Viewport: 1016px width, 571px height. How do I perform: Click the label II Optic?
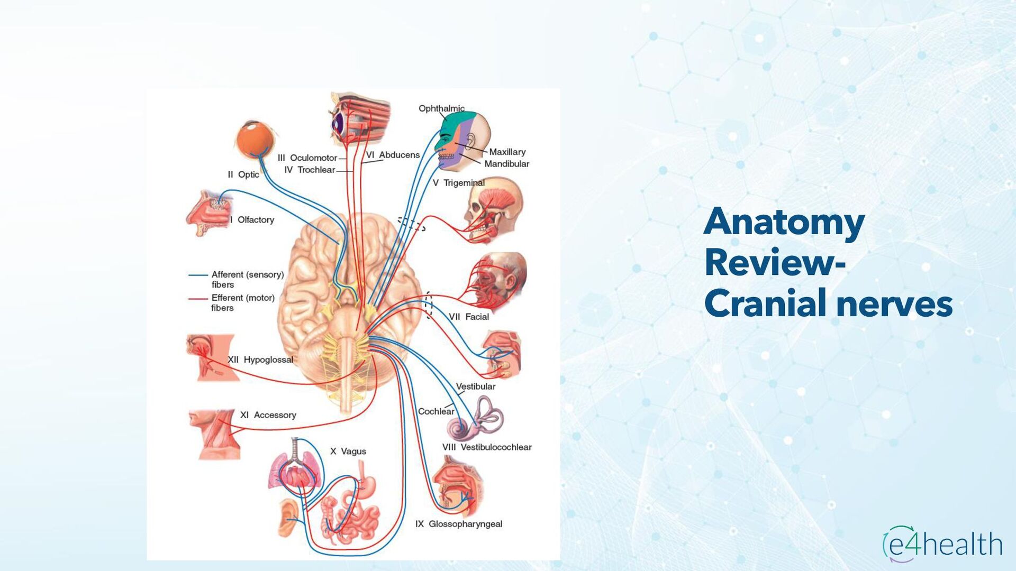(x=243, y=174)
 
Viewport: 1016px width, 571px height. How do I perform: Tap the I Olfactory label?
(x=252, y=220)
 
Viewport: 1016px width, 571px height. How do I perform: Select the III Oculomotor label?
(x=307, y=158)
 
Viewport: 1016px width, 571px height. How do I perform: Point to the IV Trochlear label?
(x=310, y=170)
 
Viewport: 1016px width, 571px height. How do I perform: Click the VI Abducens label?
(x=393, y=155)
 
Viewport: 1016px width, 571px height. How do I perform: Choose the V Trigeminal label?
(x=458, y=183)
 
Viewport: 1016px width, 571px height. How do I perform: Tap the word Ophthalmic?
(x=441, y=109)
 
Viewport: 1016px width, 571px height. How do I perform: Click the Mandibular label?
(x=506, y=164)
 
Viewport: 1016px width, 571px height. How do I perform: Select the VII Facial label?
(x=469, y=317)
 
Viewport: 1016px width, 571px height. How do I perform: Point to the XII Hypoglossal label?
(x=260, y=360)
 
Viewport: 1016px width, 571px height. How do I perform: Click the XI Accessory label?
(x=268, y=415)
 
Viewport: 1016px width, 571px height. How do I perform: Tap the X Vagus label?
(x=348, y=452)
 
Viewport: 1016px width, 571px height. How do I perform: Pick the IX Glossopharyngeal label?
(x=459, y=524)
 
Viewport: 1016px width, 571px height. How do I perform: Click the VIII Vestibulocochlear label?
(x=487, y=447)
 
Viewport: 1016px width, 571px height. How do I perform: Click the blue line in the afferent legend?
(x=198, y=275)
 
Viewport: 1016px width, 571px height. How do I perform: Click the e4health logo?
(x=942, y=545)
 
